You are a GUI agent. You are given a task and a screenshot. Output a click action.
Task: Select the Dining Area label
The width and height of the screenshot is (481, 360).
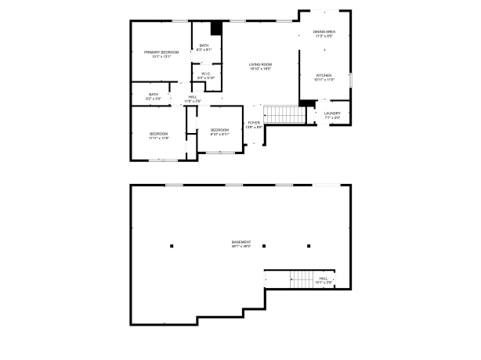324,33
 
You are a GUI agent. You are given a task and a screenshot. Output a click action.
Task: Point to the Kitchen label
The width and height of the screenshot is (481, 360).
324,77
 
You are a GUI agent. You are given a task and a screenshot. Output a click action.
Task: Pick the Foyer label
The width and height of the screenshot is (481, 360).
254,124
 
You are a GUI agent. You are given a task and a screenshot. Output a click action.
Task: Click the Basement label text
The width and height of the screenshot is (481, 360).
241,243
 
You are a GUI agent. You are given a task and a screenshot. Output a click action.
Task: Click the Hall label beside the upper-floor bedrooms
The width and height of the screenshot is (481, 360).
192,98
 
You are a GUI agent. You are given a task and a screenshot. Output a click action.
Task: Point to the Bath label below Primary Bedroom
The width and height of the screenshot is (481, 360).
154,95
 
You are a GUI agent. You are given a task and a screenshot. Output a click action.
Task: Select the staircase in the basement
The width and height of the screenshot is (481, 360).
302,279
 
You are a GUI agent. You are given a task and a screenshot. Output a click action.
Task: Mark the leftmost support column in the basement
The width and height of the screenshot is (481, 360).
171,247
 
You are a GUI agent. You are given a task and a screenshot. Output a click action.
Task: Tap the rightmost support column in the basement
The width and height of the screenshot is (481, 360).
309,247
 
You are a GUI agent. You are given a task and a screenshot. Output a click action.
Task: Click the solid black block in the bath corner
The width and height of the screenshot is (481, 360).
217,27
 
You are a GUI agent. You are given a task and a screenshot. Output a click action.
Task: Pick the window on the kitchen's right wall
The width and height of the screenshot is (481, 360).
350,81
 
